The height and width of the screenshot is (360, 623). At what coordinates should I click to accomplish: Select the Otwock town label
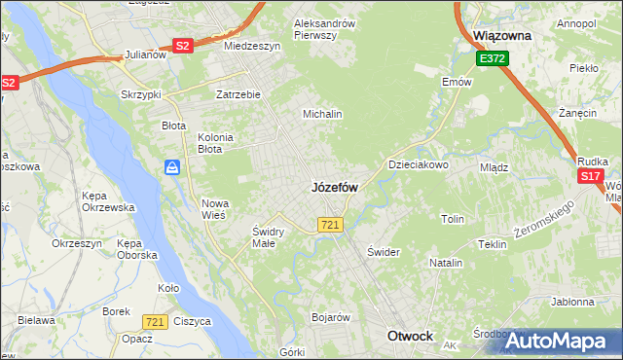(410, 336)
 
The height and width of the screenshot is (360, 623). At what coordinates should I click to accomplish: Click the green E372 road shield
(492, 59)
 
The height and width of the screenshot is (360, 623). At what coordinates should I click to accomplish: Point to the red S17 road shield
(589, 176)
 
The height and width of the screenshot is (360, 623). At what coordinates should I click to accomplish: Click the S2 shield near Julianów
(183, 45)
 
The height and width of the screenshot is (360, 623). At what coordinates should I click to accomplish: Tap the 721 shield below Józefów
(329, 225)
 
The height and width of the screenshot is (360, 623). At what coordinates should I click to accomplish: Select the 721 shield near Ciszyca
(154, 321)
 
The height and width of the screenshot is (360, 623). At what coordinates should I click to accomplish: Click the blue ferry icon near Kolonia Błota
(172, 167)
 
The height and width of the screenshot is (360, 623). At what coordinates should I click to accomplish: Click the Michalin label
(322, 114)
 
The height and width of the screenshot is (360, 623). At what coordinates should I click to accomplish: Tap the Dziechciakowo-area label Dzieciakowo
(419, 165)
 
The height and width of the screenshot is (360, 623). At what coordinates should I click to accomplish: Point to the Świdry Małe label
(268, 237)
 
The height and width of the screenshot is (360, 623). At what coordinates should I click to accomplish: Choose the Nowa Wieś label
(213, 209)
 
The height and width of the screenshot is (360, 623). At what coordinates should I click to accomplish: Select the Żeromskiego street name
(545, 223)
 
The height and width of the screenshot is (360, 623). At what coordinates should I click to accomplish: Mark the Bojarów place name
(330, 317)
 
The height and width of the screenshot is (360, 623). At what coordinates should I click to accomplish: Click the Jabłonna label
(572, 303)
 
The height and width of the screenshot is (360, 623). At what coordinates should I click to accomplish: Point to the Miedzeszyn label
(252, 46)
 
